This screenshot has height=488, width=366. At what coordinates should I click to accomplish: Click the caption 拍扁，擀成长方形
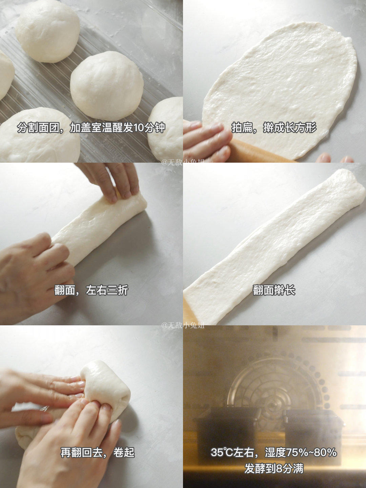pos(274,128)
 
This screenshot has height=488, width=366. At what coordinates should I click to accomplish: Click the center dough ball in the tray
pos(107,86)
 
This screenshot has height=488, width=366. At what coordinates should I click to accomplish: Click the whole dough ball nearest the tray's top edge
pos(47,31)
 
